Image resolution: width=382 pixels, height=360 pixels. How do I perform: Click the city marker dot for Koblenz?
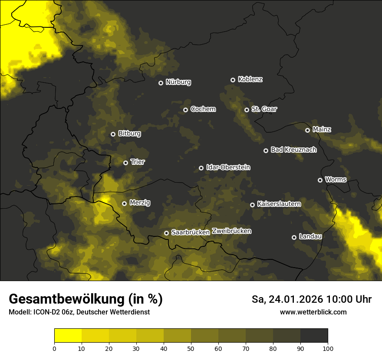pyautogui.click(x=233, y=80)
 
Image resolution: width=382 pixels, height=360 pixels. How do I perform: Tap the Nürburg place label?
pyautogui.click(x=178, y=82)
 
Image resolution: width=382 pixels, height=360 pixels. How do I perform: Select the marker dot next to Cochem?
pyautogui.click(x=185, y=110)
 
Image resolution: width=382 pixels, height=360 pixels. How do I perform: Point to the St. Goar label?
pyautogui.click(x=264, y=109)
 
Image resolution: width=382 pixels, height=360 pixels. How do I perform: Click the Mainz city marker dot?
pyautogui.click(x=307, y=130)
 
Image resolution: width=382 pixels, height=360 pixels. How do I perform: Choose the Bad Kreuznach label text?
pyautogui.click(x=293, y=150)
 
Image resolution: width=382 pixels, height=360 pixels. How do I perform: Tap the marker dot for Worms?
pyautogui.click(x=320, y=180)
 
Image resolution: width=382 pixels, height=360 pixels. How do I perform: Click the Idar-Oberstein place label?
pyautogui.click(x=228, y=167)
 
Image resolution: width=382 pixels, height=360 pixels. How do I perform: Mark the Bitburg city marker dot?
pyautogui.click(x=113, y=134)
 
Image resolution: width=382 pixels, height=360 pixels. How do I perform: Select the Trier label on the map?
pyautogui.click(x=138, y=162)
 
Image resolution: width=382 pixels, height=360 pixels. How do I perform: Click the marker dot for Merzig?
pyautogui.click(x=124, y=203)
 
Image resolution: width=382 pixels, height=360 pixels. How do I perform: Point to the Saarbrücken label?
pyautogui.click(x=191, y=232)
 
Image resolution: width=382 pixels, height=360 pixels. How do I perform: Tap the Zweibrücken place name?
pyautogui.click(x=231, y=231)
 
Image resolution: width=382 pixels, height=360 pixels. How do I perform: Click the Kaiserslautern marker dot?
pyautogui.click(x=252, y=205)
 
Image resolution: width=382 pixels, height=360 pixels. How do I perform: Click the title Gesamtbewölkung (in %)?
pyautogui.click(x=86, y=299)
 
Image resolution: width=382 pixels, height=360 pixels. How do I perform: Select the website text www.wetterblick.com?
pyautogui.click(x=313, y=312)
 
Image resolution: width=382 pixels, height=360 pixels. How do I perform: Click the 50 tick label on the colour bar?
pyautogui.click(x=191, y=348)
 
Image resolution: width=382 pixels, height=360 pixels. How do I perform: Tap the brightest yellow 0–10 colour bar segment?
pyautogui.click(x=68, y=336)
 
